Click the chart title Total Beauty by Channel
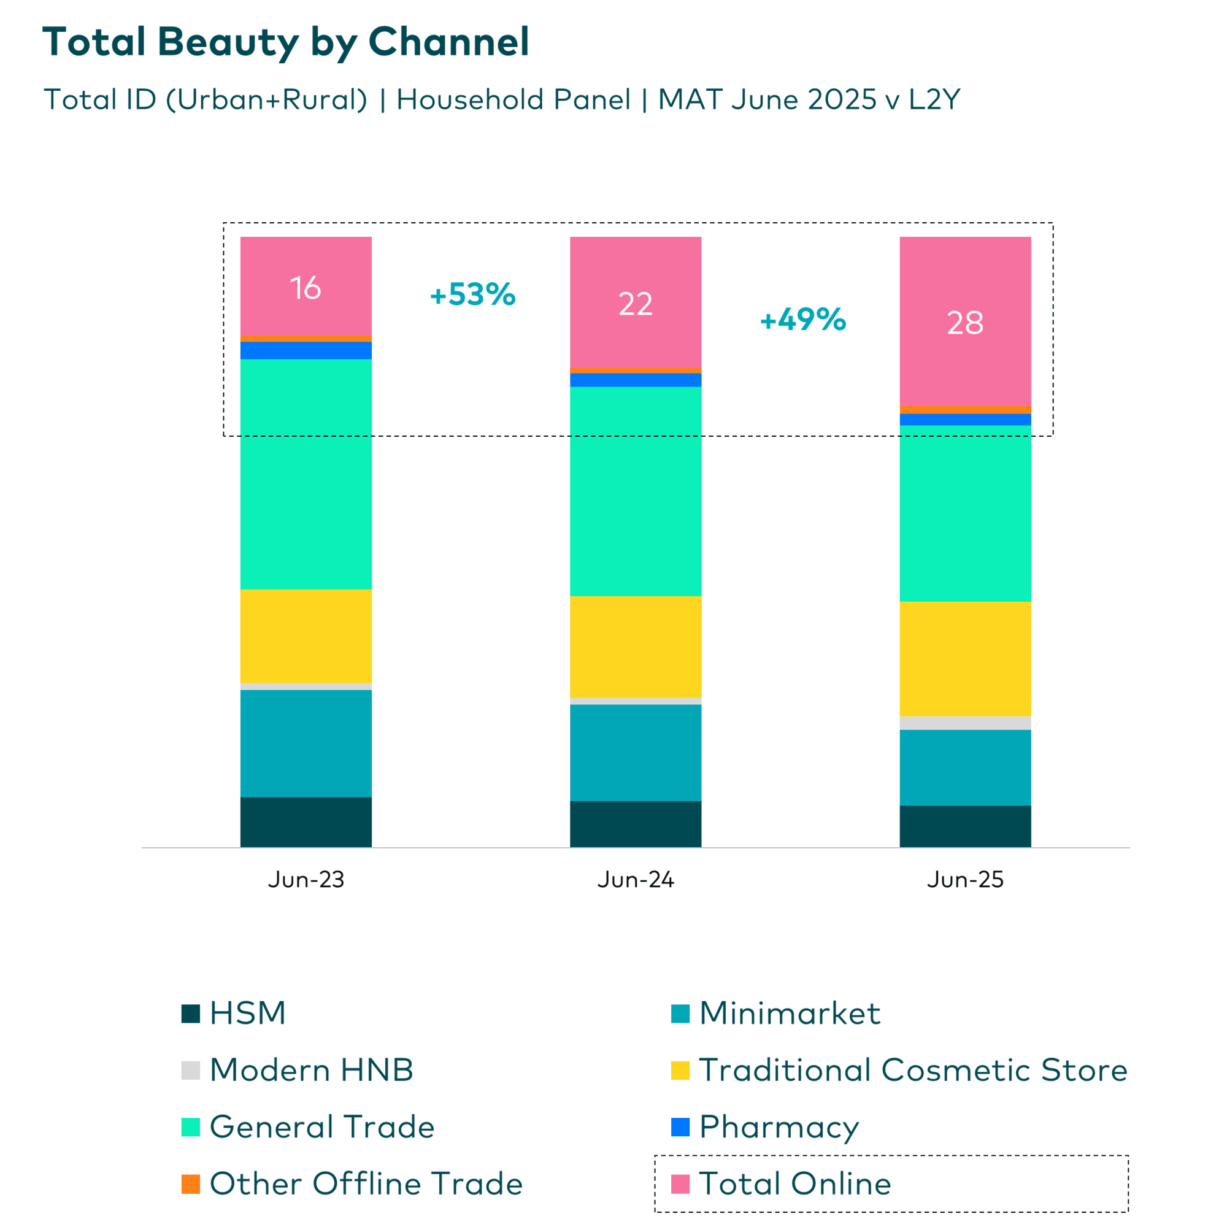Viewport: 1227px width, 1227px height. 285,42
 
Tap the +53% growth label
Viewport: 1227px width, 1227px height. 472,294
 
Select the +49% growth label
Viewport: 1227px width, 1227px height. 802,319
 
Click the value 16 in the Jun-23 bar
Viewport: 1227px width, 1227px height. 306,288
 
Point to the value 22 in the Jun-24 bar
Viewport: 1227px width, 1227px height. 635,304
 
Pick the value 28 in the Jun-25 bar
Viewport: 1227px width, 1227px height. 964,323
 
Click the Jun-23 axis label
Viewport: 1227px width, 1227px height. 306,880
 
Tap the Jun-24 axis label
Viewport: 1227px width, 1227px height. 635,880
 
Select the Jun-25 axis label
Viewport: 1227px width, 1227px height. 964,880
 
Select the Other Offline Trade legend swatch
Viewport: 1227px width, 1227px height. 191,1184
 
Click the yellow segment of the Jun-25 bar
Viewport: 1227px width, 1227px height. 964,658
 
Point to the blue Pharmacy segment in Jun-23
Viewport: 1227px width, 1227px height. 306,350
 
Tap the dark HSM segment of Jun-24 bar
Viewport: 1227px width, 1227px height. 635,824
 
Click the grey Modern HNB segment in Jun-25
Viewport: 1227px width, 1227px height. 964,723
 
